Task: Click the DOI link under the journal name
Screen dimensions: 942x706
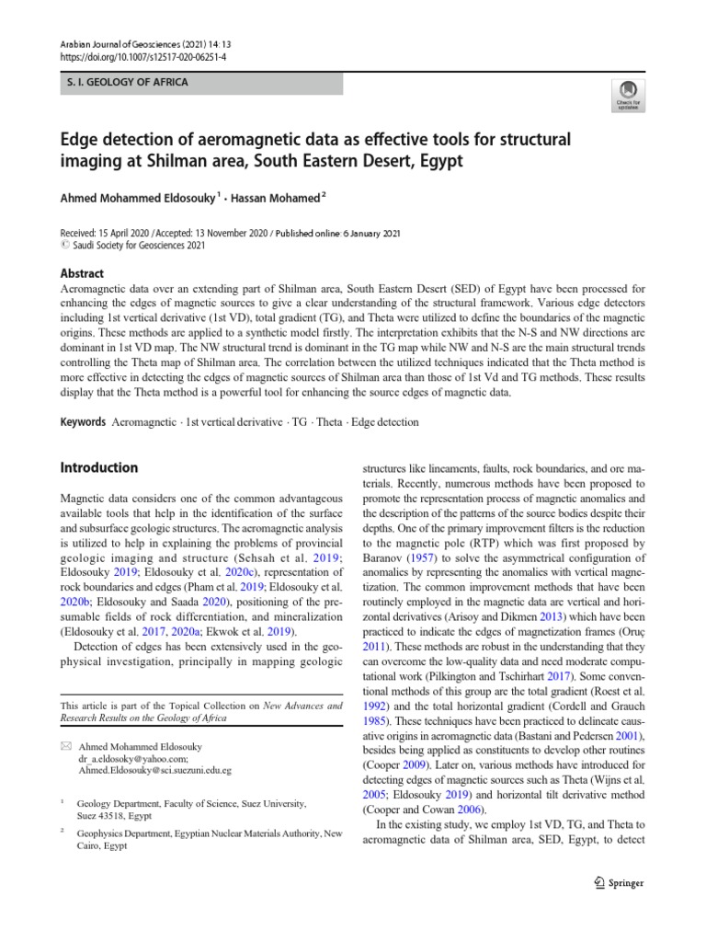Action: coord(131,56)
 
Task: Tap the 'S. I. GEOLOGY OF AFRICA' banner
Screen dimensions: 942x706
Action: coord(126,83)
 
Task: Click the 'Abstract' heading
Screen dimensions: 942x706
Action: coord(82,273)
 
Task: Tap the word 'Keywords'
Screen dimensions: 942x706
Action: coord(82,422)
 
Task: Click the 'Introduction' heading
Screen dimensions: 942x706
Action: coord(98,467)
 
